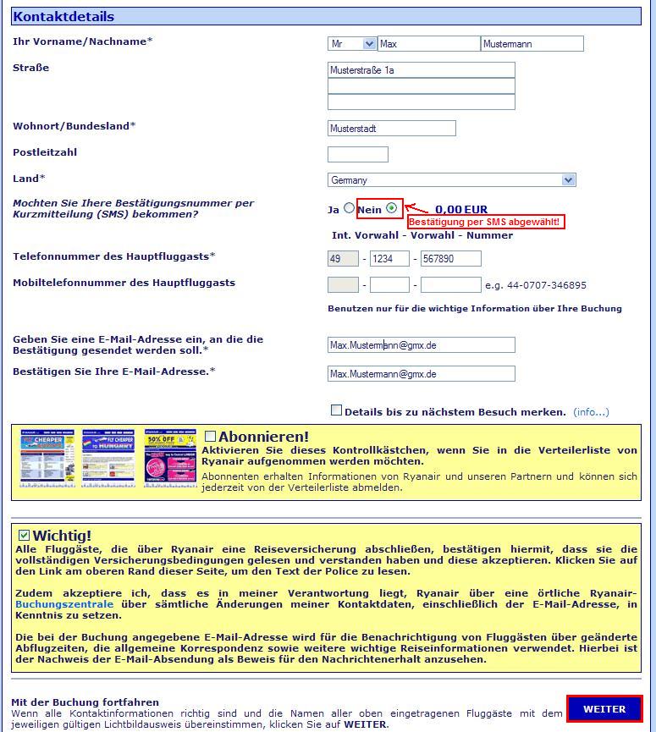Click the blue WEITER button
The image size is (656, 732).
(x=604, y=709)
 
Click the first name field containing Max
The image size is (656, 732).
(x=428, y=44)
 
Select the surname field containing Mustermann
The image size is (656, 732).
(x=532, y=44)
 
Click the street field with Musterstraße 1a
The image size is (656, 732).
(x=421, y=70)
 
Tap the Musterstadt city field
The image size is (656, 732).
(x=391, y=129)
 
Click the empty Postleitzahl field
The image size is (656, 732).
(x=357, y=154)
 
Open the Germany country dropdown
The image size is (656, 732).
(x=451, y=179)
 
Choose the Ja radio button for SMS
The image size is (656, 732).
(x=350, y=208)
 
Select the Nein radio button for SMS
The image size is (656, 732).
(x=391, y=208)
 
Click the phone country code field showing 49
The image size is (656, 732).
(x=343, y=259)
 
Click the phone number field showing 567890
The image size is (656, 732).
(x=450, y=259)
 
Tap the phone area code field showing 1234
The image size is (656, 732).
(x=389, y=259)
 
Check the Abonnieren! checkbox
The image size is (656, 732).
(x=211, y=436)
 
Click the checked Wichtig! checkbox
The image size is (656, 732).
(x=24, y=535)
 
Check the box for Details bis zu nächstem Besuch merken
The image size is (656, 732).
(x=336, y=410)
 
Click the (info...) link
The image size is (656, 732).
(x=591, y=412)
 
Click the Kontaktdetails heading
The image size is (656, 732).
(x=63, y=16)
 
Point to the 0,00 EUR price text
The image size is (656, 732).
(x=461, y=210)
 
